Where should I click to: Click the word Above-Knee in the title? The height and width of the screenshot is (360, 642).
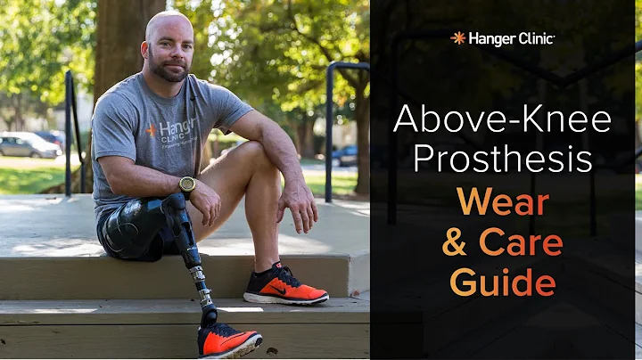[x=502, y=119]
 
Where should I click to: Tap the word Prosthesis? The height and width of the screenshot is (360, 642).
[x=502, y=159]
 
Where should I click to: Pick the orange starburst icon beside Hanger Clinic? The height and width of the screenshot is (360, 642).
[x=458, y=37]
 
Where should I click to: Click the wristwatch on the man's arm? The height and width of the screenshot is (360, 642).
[x=186, y=184]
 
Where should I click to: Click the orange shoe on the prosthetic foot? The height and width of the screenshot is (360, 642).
[x=228, y=340]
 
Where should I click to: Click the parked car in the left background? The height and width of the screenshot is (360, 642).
[x=27, y=144]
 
